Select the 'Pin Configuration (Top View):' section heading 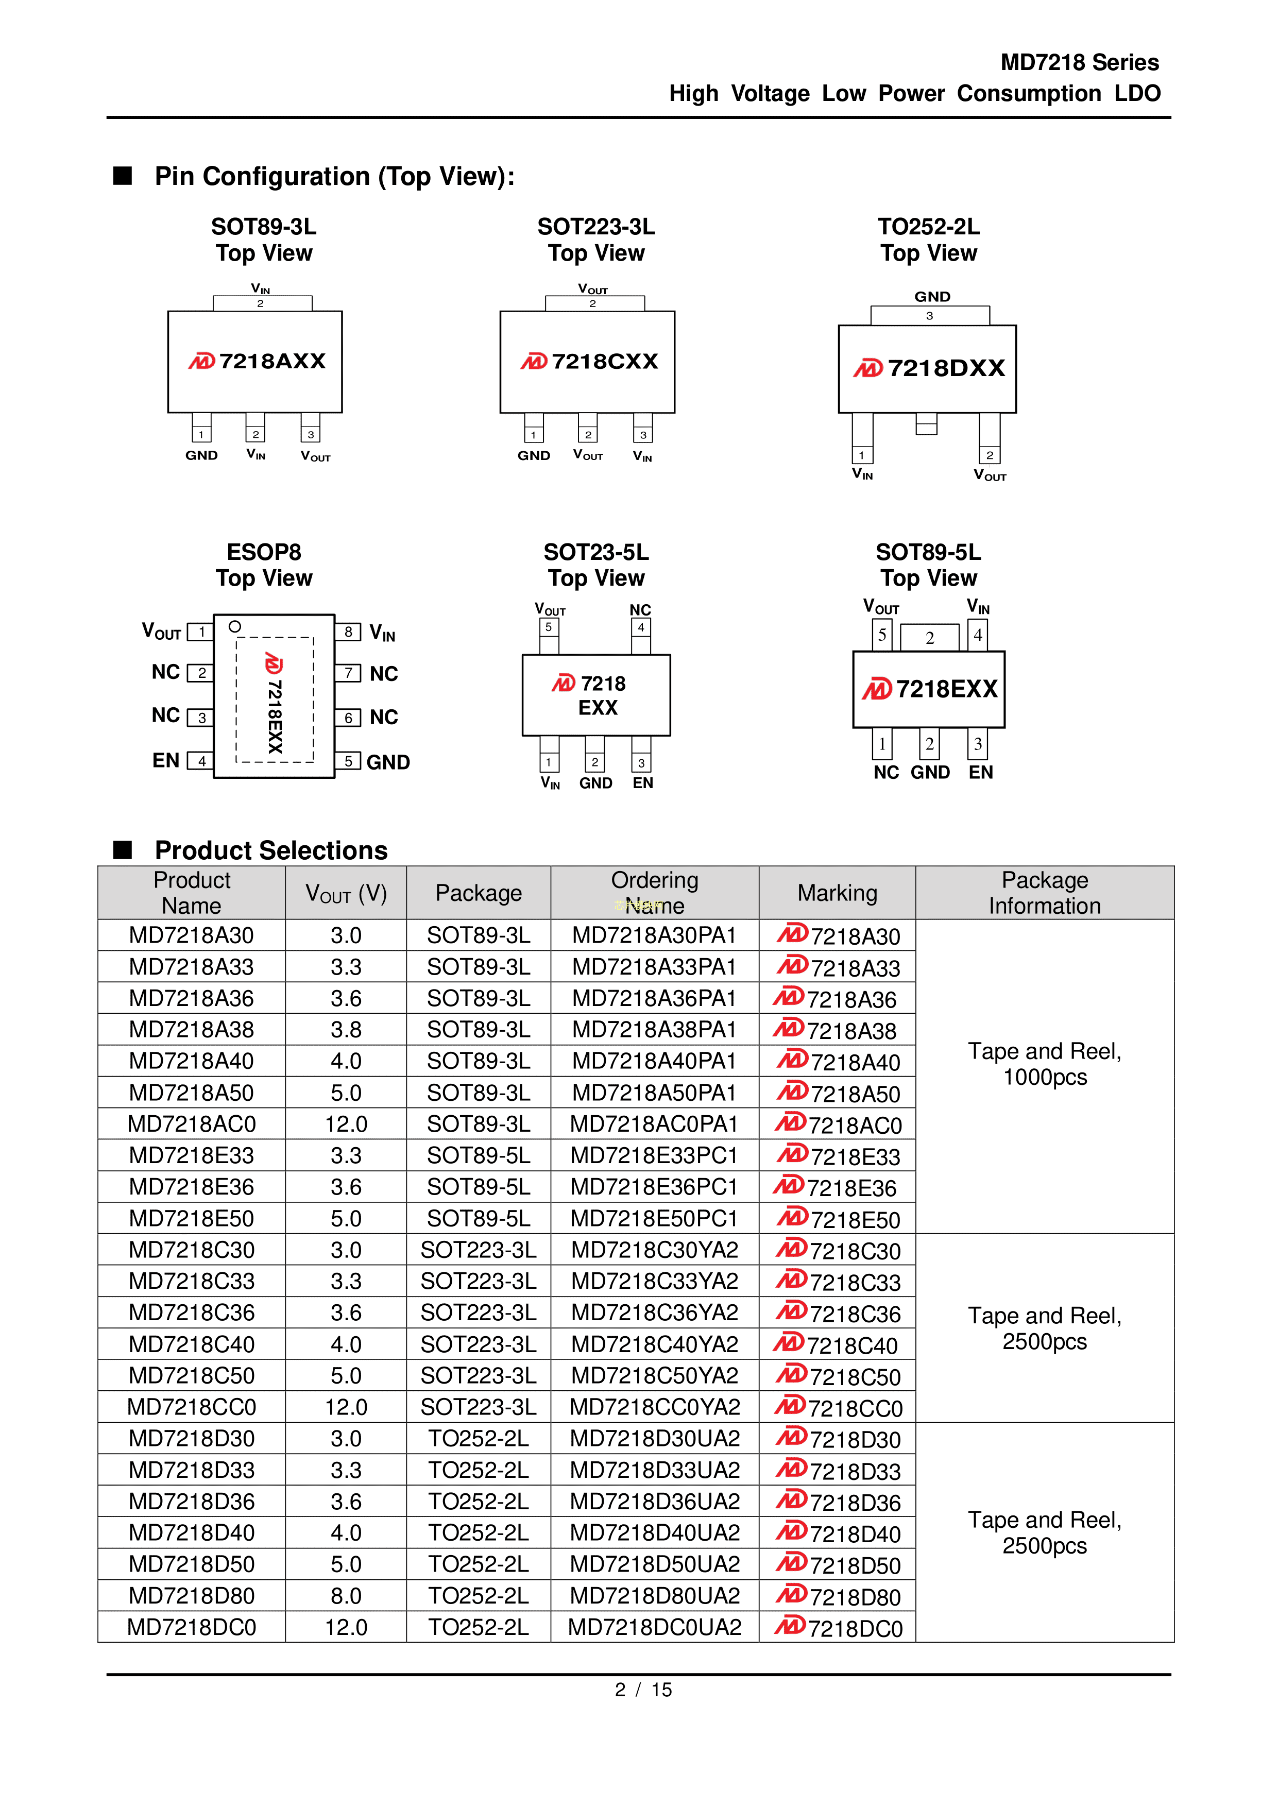pos(334,176)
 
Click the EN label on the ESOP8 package pos(166,760)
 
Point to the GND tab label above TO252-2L pos(932,297)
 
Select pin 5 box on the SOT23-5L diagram pos(549,627)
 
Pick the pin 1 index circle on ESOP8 pos(234,626)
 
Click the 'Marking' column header pos(837,893)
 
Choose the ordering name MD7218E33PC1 pos(654,1155)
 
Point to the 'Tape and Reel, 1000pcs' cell pos(1044,1064)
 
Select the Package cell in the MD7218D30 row pos(479,1439)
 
